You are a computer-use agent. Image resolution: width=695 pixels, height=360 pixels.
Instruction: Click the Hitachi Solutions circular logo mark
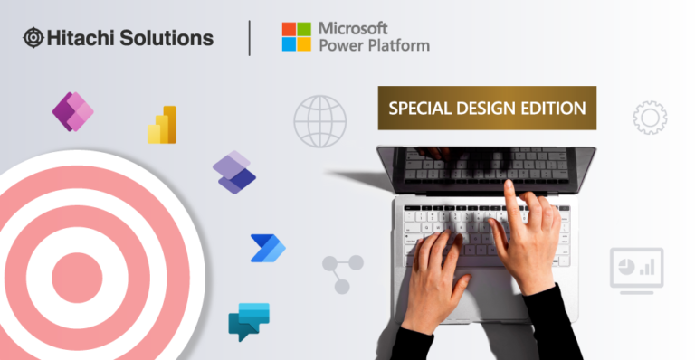[33, 38]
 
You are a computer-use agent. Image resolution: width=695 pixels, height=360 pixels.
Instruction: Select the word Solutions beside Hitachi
[167, 38]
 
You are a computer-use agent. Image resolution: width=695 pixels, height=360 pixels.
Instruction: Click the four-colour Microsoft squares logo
[296, 37]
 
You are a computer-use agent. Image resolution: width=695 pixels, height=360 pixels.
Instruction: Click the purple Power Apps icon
[73, 112]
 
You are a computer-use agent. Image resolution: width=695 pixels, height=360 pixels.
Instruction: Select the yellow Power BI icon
[163, 125]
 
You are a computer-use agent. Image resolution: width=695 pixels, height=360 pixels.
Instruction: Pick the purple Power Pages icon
[234, 172]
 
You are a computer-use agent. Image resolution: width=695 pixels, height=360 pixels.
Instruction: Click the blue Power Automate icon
[267, 247]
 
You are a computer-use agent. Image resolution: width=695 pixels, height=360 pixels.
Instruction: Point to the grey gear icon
[650, 118]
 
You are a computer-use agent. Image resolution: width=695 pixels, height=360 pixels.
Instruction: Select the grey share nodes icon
[343, 273]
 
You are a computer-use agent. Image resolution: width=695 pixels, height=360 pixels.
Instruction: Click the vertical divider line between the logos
[249, 38]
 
